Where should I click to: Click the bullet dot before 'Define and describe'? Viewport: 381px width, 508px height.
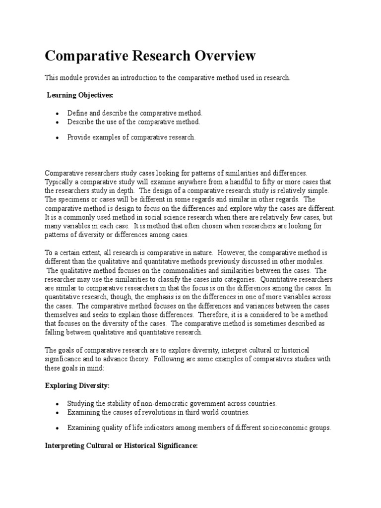pyautogui.click(x=58, y=114)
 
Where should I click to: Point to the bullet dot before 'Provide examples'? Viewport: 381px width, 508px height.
pyautogui.click(x=58, y=138)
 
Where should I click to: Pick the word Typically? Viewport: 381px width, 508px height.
pyautogui.click(x=60, y=182)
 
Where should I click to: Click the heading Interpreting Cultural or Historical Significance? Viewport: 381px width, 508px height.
pyautogui.click(x=122, y=446)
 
